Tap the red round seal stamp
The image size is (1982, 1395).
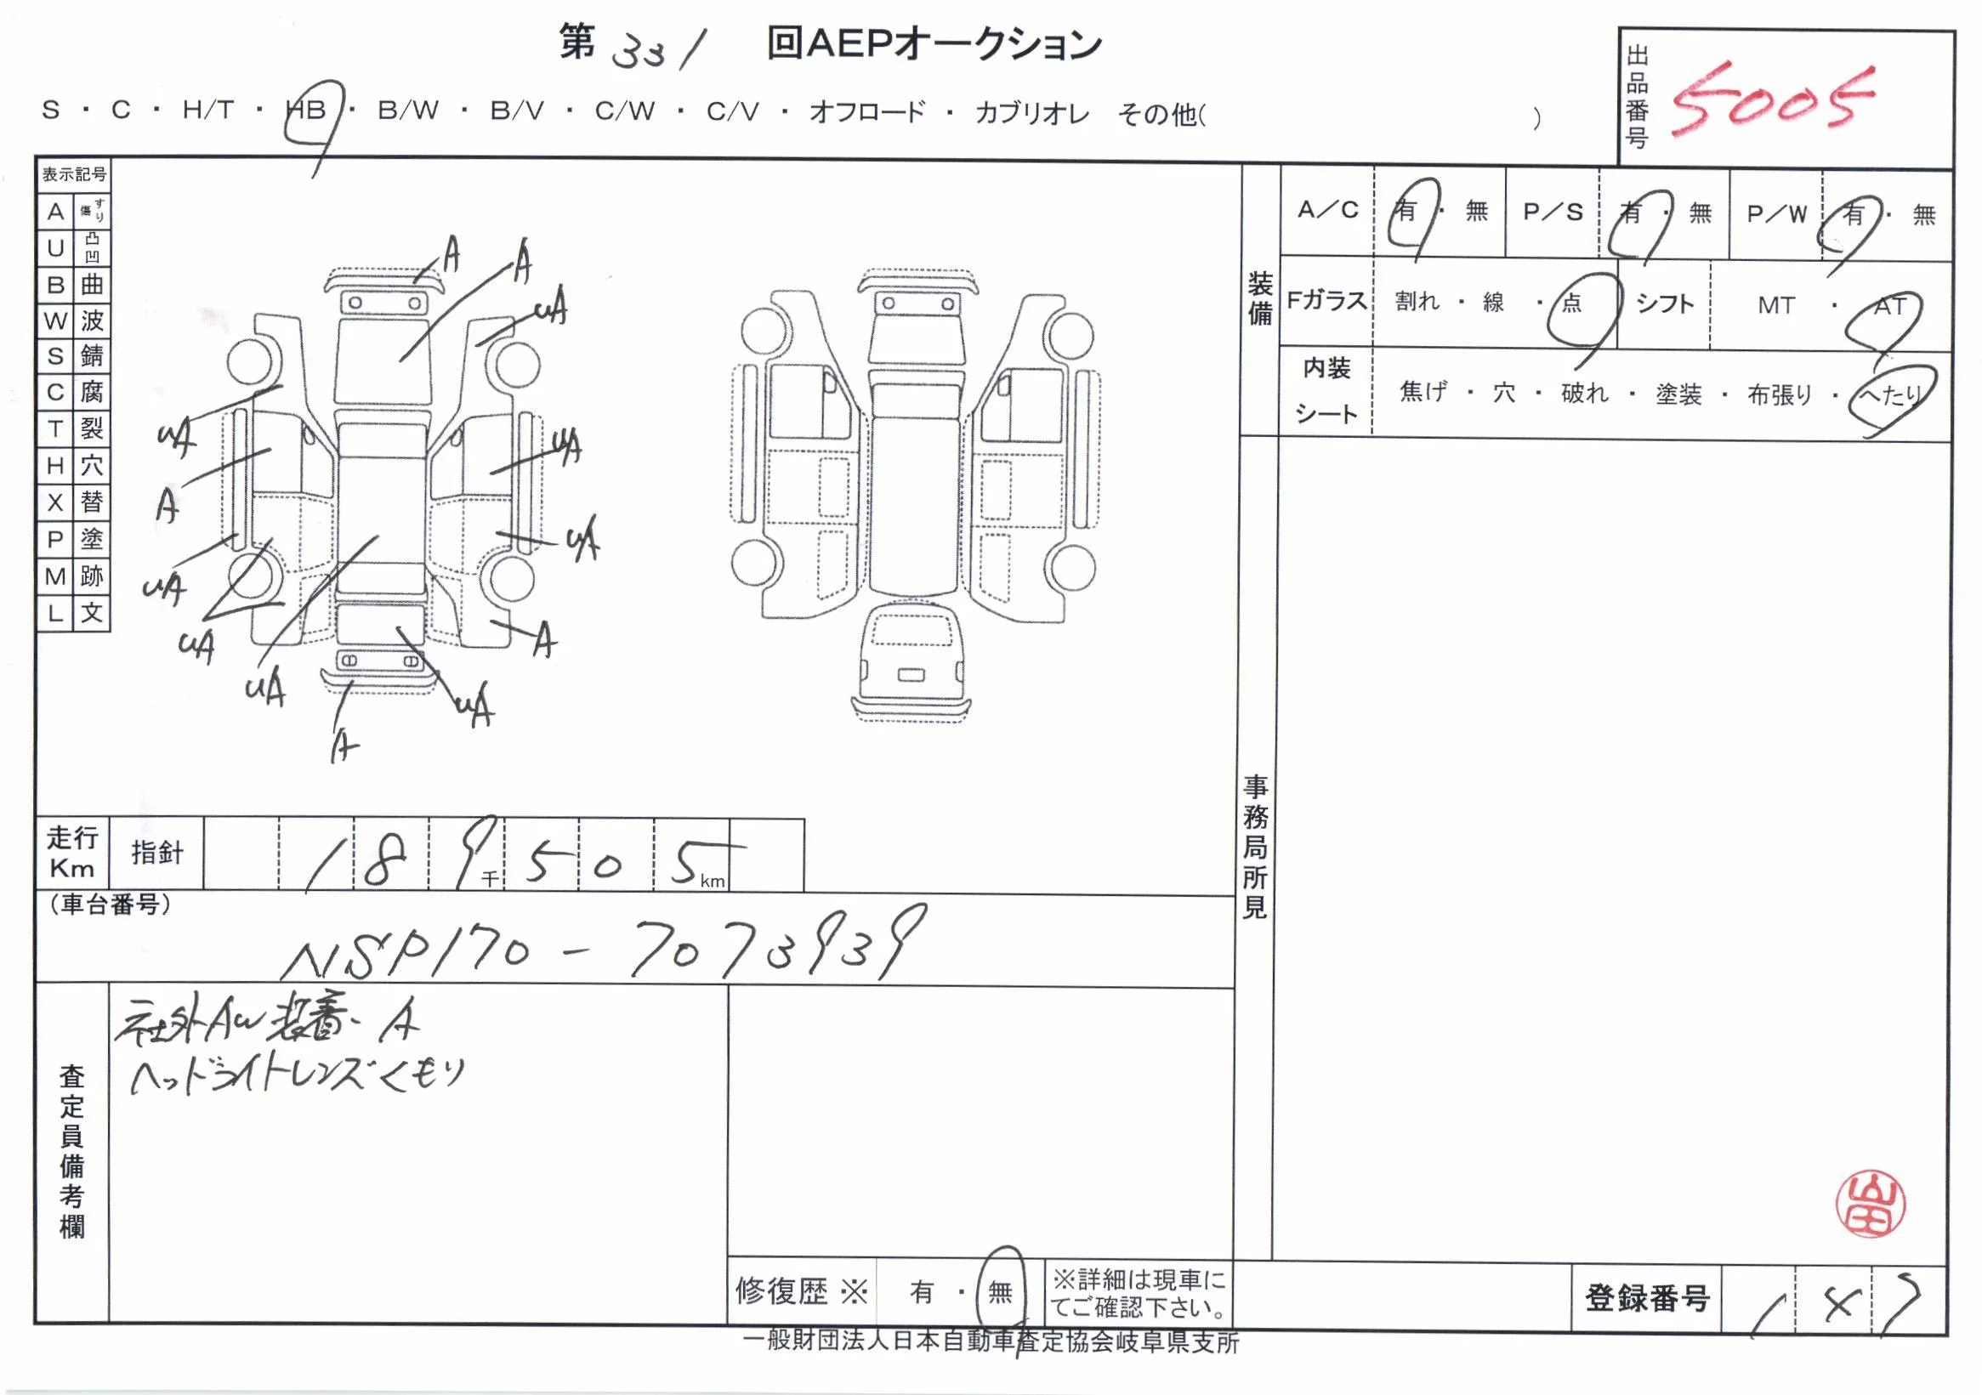[1870, 1205]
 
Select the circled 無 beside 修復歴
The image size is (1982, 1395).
[1000, 1291]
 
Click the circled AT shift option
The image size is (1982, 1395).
[1888, 306]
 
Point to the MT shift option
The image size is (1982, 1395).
[1775, 305]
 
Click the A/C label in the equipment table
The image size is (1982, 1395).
[1327, 210]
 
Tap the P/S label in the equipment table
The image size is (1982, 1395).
[1552, 212]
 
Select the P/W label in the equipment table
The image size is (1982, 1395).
[1776, 213]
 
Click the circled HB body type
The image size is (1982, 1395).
[307, 111]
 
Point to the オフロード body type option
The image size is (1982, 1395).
[866, 112]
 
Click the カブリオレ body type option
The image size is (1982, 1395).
[1031, 113]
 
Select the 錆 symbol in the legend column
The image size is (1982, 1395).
[92, 355]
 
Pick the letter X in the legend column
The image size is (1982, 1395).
[55, 502]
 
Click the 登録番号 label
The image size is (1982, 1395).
[1646, 1298]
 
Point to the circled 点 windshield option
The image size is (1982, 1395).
[1571, 303]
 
